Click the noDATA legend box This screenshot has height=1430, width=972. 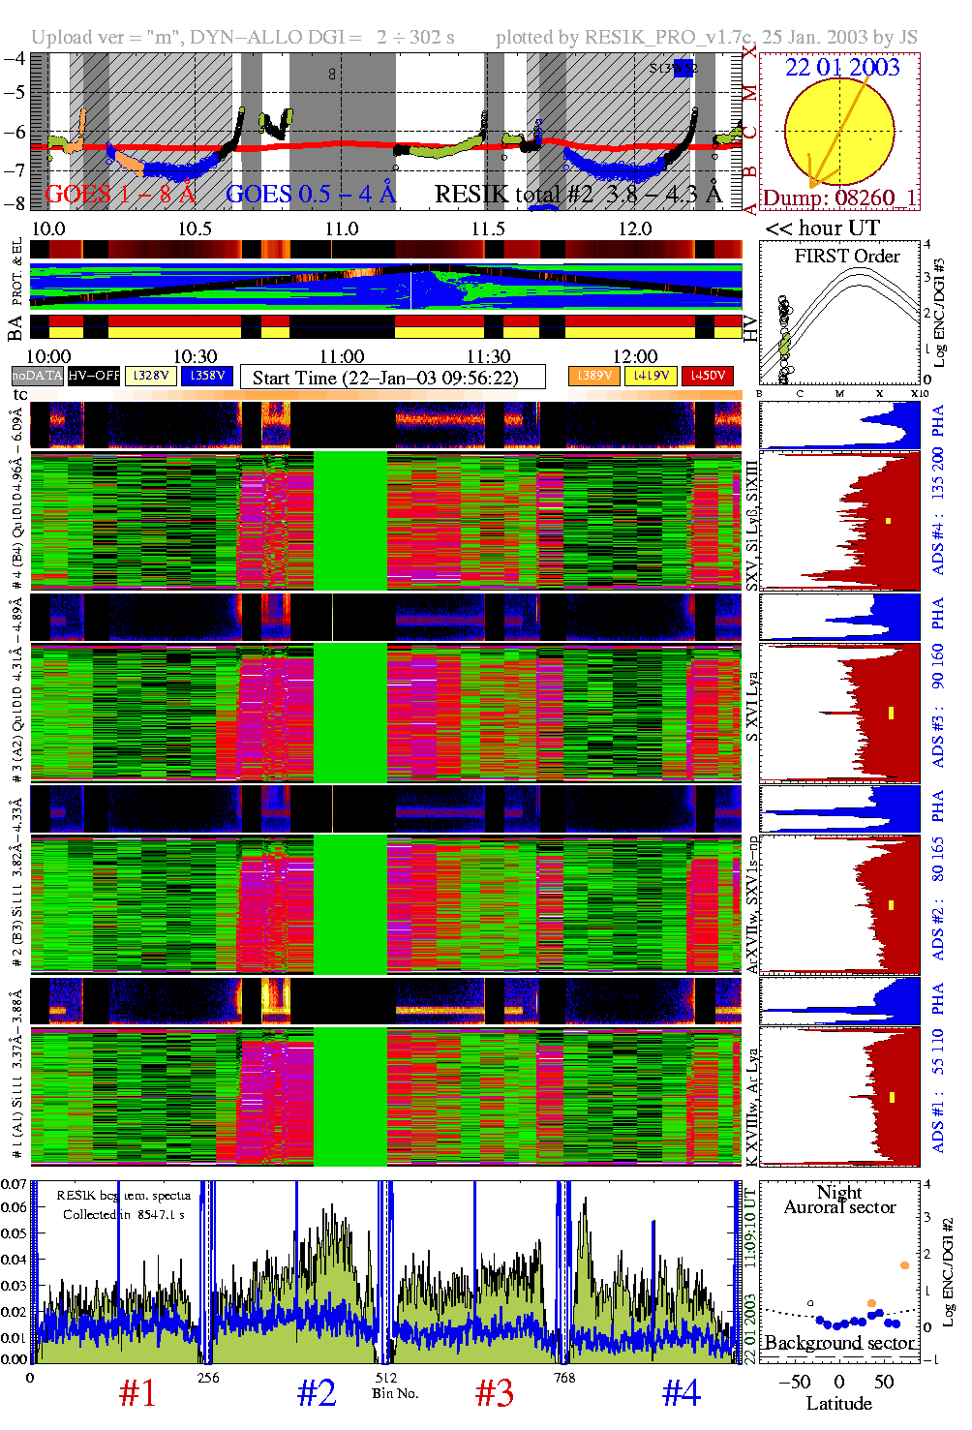(x=37, y=376)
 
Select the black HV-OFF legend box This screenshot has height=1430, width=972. (x=94, y=376)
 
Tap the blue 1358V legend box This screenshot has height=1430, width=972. (x=207, y=376)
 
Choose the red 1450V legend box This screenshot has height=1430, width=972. (x=708, y=376)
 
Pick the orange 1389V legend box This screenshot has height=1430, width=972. (x=593, y=376)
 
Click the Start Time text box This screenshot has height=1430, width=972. (x=392, y=378)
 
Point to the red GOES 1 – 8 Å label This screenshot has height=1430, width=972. (x=120, y=195)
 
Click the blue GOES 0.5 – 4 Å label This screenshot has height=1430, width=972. (x=311, y=195)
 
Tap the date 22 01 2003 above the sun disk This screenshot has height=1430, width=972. (x=842, y=68)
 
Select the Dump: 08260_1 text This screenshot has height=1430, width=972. (x=839, y=198)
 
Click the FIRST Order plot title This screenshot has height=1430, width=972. (x=847, y=257)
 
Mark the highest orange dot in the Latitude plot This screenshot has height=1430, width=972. (x=904, y=1265)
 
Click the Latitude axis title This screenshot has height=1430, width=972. (x=838, y=1404)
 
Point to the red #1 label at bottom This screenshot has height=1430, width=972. (x=137, y=1393)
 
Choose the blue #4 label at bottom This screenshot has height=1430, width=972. (x=681, y=1393)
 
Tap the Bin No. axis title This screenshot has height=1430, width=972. (x=395, y=1393)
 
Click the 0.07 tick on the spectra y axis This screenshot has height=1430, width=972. (x=14, y=1184)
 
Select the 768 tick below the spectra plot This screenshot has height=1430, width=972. (x=564, y=1378)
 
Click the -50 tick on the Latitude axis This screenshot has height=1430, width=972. (x=794, y=1382)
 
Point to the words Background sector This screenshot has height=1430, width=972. (x=838, y=1343)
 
